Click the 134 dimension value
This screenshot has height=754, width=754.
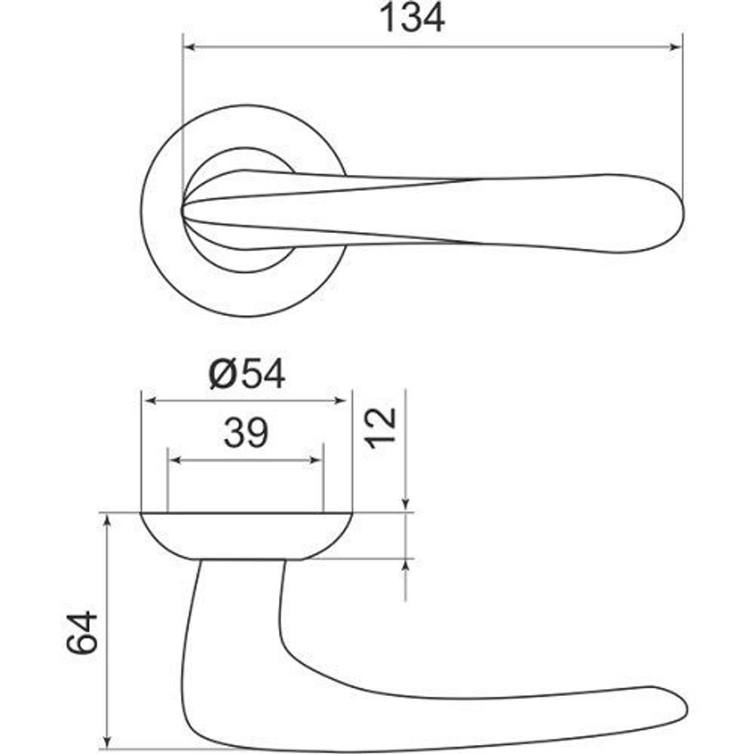click(x=412, y=19)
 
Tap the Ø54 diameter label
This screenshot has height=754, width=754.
click(x=247, y=374)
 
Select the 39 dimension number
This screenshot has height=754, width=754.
click(x=246, y=434)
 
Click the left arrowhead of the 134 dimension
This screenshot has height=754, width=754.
click(x=190, y=47)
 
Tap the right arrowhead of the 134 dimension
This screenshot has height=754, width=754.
click(x=676, y=47)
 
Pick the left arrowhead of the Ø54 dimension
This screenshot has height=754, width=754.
click(x=149, y=401)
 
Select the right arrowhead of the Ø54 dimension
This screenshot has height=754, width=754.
click(x=345, y=401)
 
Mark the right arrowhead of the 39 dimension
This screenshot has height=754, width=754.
click(x=317, y=460)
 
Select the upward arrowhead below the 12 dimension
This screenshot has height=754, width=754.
click(x=406, y=565)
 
